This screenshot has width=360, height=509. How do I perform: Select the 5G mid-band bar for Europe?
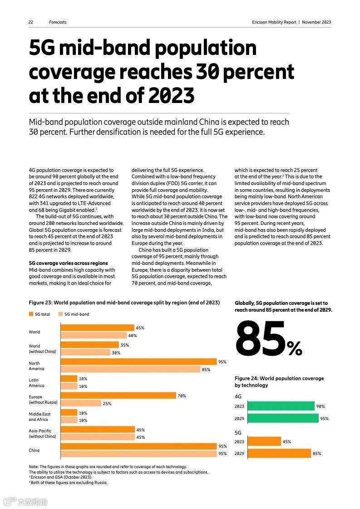[81, 403]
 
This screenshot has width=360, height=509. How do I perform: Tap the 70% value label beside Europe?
[182, 396]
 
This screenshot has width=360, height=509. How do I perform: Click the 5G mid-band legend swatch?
[60, 314]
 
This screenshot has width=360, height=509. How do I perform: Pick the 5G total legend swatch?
[31, 314]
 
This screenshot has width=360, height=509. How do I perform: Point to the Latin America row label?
[37, 382]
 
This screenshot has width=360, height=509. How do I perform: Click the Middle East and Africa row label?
[39, 416]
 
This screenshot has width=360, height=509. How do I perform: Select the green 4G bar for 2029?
[276, 418]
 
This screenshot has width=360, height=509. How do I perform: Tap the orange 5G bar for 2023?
[258, 441]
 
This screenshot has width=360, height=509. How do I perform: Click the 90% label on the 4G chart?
[321, 406]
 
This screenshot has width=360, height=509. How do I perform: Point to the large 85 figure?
[261, 338]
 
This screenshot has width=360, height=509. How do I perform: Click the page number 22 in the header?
[31, 22]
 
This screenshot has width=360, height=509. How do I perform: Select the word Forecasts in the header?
[58, 22]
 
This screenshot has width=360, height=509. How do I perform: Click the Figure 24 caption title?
[279, 382]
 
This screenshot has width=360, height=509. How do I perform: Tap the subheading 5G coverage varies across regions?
[68, 263]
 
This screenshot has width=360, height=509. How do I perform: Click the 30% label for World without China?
[116, 352]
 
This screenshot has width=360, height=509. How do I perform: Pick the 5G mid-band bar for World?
[94, 336]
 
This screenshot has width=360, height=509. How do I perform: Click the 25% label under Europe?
[107, 403]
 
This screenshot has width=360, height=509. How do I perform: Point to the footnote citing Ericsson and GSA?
[61, 477]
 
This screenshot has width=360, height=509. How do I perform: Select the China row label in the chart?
[34, 450]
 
